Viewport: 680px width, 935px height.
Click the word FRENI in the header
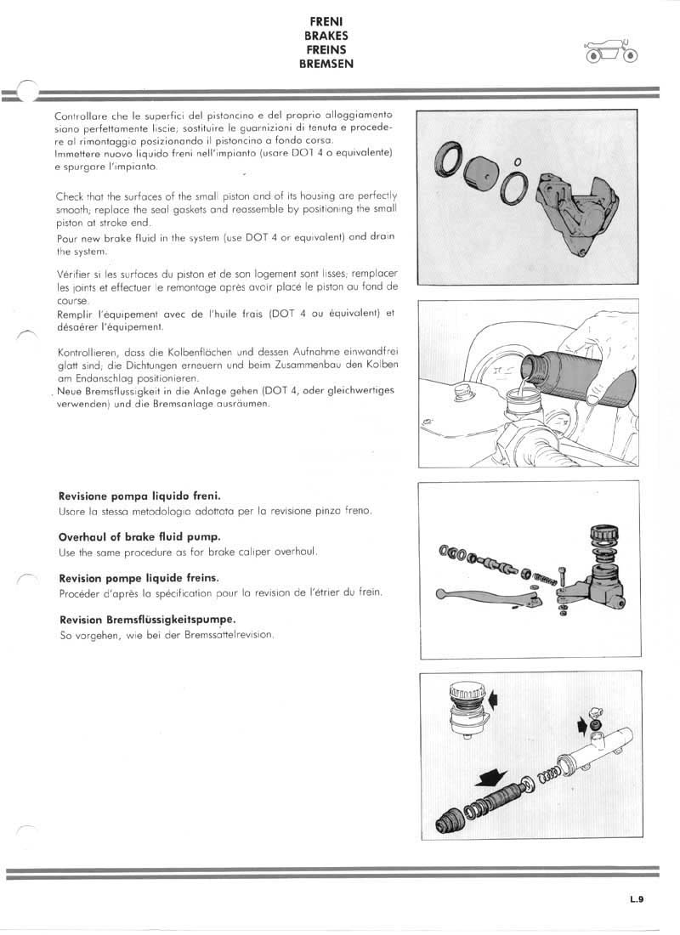click(326, 22)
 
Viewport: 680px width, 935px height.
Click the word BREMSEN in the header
click(326, 64)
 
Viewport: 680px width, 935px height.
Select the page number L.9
click(638, 893)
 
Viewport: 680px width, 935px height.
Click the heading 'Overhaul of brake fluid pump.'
click(139, 537)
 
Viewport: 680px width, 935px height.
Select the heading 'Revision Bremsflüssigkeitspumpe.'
click(146, 619)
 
